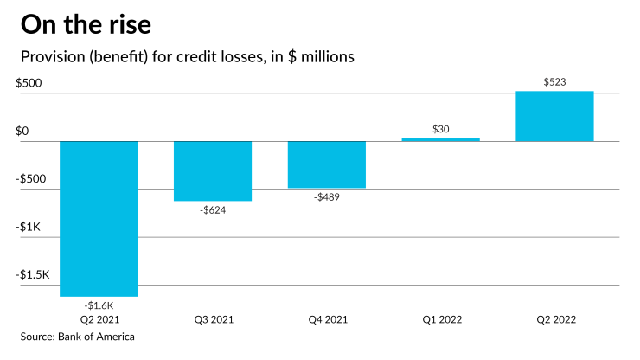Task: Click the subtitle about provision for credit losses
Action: coord(188,57)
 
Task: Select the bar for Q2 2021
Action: coord(99,218)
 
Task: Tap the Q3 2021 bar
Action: coord(213,170)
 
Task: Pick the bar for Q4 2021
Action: coord(327,164)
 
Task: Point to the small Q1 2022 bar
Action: coord(441,139)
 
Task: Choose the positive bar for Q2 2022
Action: coord(554,116)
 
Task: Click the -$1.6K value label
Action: coord(99,305)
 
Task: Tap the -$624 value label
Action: coord(213,209)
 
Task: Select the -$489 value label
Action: coord(327,196)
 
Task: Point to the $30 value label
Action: coord(441,129)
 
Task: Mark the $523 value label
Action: coord(554,82)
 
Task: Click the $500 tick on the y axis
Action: coord(29,83)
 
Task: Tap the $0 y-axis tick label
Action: coord(22,131)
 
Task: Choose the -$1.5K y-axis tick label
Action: coord(33,273)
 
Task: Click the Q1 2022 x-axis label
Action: coord(441,319)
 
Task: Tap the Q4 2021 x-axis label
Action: coord(327,319)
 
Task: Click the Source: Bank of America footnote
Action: coord(78,337)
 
